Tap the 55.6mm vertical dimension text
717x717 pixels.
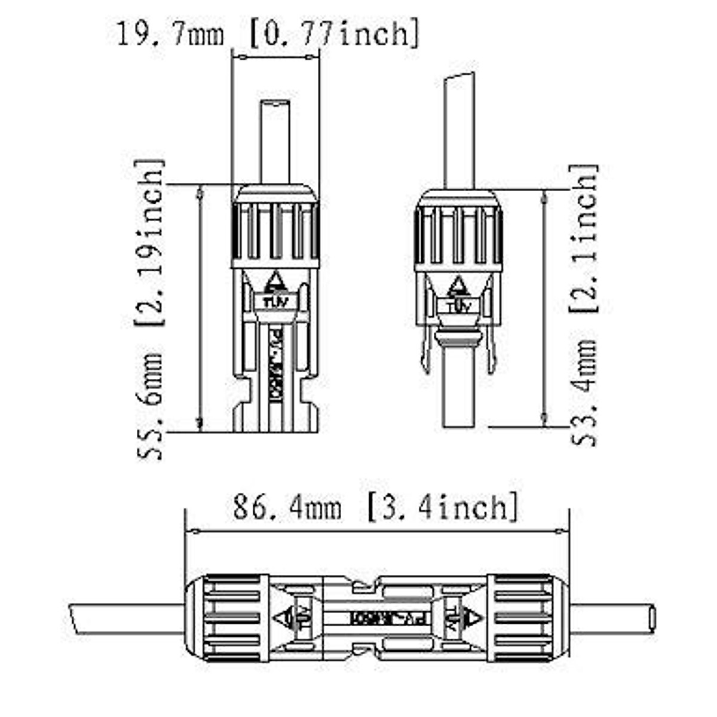tap(149, 406)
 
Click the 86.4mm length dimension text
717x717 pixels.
tap(287, 508)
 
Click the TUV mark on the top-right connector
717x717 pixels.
tap(458, 306)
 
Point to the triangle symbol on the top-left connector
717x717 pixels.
tap(275, 280)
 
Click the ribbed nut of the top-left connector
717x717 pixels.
tap(275, 230)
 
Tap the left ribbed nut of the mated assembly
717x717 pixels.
tap(227, 618)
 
